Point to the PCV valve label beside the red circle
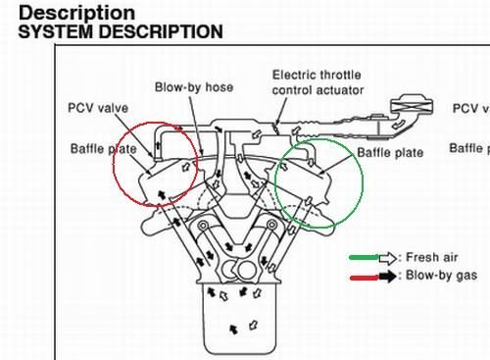point(98,108)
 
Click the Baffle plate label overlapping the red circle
point(103,149)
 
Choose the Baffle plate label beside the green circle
point(389,153)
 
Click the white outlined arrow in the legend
point(389,257)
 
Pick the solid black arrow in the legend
point(389,276)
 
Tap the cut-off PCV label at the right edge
point(470,108)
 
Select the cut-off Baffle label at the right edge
point(469,148)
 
